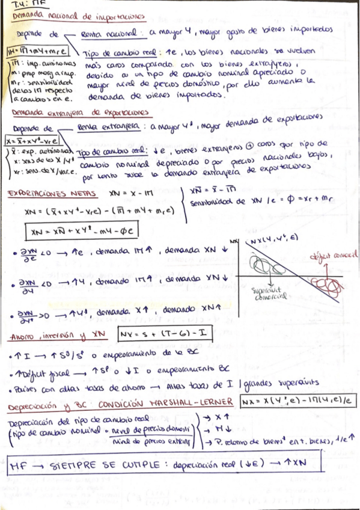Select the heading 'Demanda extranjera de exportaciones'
click(x=81, y=112)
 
